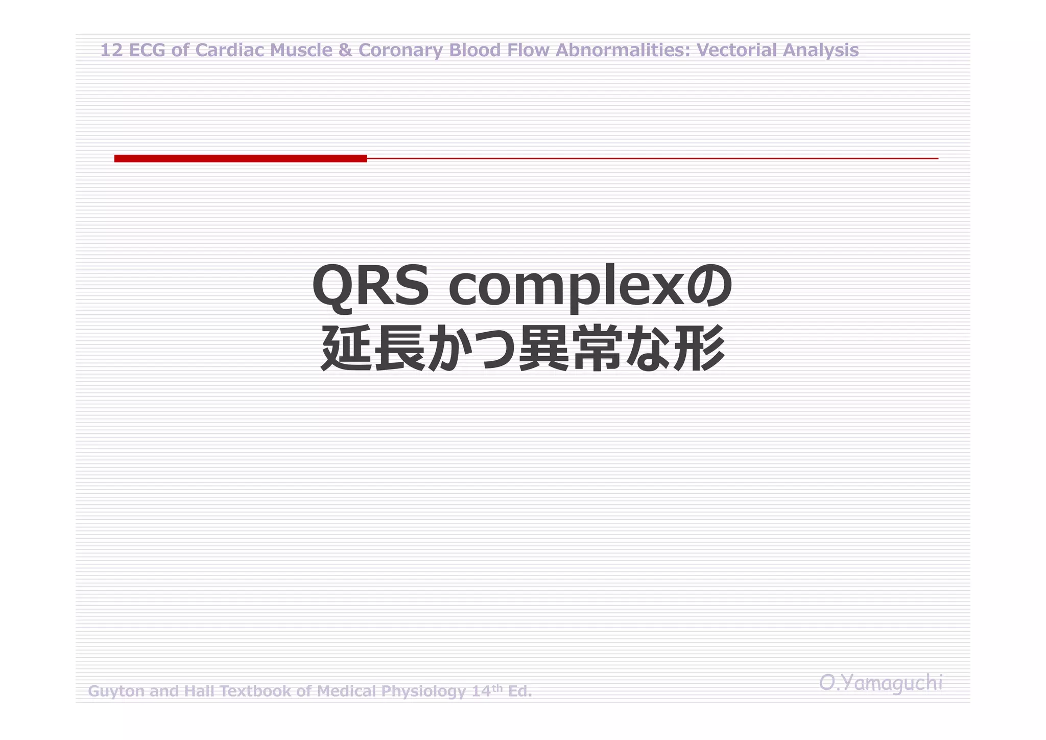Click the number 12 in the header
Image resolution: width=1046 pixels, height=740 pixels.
(111, 51)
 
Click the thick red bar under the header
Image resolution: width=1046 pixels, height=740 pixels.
(240, 158)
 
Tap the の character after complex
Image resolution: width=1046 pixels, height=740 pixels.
(709, 286)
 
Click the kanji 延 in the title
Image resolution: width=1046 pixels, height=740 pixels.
(346, 349)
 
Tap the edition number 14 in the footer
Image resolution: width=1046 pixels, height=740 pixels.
(481, 691)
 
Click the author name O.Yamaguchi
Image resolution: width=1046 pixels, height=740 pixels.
(881, 683)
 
